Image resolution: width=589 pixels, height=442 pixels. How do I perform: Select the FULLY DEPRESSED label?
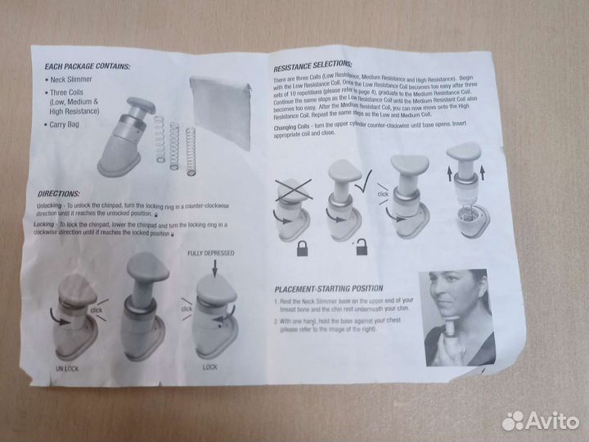coord(210,253)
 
